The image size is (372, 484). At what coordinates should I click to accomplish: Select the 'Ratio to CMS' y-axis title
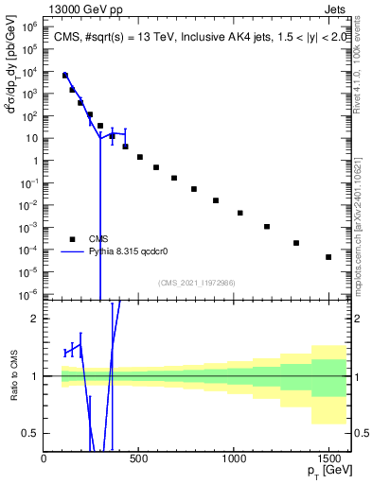tap(12, 376)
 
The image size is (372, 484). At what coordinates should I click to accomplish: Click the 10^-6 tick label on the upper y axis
tap(27, 294)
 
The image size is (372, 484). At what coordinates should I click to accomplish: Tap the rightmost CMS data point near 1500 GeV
tap(328, 257)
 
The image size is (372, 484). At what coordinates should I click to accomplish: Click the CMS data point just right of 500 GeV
tap(140, 157)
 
